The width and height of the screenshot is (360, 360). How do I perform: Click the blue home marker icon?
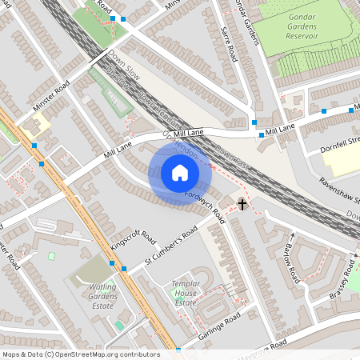(180, 173)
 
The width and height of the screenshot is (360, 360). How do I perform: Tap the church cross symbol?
(242, 203)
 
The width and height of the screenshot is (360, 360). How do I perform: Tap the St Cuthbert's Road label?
(170, 247)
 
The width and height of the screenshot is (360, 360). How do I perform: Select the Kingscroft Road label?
(133, 240)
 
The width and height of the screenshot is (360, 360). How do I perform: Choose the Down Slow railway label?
(124, 62)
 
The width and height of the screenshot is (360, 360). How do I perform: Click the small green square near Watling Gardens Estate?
(52, 256)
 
